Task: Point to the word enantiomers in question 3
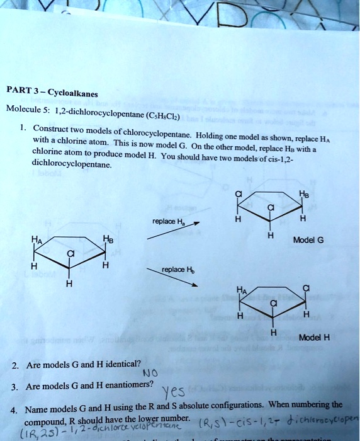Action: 126,387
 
